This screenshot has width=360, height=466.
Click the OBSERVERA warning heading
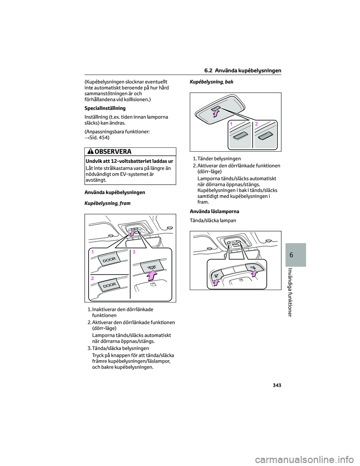point(113,152)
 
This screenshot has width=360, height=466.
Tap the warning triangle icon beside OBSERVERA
point(90,152)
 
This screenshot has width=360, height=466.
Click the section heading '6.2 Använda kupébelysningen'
point(243,71)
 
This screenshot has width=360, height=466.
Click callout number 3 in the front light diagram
point(134,252)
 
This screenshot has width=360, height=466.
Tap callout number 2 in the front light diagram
point(92,278)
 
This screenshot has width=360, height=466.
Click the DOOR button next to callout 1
point(109,259)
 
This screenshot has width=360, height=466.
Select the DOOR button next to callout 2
point(109,285)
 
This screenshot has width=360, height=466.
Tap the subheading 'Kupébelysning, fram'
point(108,203)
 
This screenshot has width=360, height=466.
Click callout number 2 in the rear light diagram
point(256,123)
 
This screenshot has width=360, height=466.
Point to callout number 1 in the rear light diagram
point(232,123)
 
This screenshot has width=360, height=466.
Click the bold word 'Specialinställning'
point(105,108)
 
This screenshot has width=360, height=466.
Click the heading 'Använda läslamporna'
point(214,212)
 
